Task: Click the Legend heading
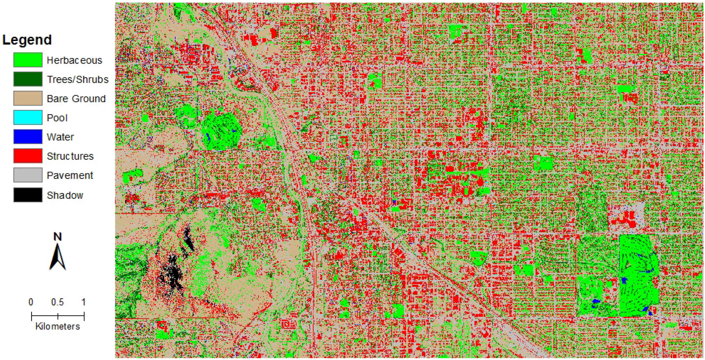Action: [27, 40]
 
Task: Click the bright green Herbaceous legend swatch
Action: [28, 60]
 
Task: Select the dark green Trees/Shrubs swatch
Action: [28, 79]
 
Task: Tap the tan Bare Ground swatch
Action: [28, 98]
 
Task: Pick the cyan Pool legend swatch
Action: [28, 117]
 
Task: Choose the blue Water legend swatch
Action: [28, 137]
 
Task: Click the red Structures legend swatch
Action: [28, 156]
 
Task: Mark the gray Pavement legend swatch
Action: [28, 175]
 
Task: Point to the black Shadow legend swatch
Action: [28, 195]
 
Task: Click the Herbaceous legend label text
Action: [74, 60]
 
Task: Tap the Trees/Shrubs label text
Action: [78, 79]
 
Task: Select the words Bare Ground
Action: [76, 98]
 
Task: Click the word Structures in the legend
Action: [70, 156]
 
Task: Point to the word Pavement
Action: [70, 175]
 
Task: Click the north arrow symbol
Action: [57, 257]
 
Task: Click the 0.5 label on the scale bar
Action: [57, 302]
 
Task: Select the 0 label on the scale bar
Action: [31, 302]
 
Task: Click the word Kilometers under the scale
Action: [57, 326]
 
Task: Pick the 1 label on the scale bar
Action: [83, 302]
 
